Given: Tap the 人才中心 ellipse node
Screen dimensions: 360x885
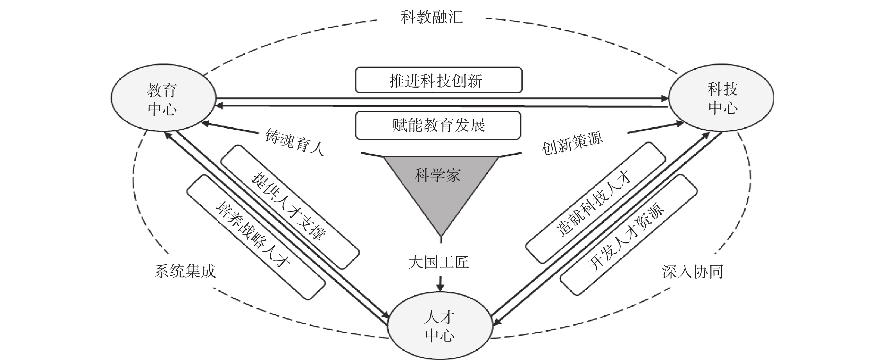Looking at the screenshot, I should pos(440,326).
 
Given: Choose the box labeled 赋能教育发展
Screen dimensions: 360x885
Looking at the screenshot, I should pos(438,125).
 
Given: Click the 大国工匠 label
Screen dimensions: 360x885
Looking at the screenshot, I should pos(438,262).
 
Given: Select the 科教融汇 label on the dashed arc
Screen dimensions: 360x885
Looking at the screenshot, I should pos(432,17).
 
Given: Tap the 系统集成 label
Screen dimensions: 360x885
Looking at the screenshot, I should pos(185,271).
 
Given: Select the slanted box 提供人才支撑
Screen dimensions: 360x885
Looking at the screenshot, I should pos(290,207).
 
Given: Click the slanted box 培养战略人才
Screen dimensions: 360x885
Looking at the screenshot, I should pos(256,237).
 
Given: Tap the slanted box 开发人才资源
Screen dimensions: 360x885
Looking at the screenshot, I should pos(629,235).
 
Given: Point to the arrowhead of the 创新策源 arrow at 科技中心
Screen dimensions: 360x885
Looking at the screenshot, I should pos(679,123).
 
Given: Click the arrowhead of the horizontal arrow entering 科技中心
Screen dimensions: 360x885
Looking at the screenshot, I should pos(664,99).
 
